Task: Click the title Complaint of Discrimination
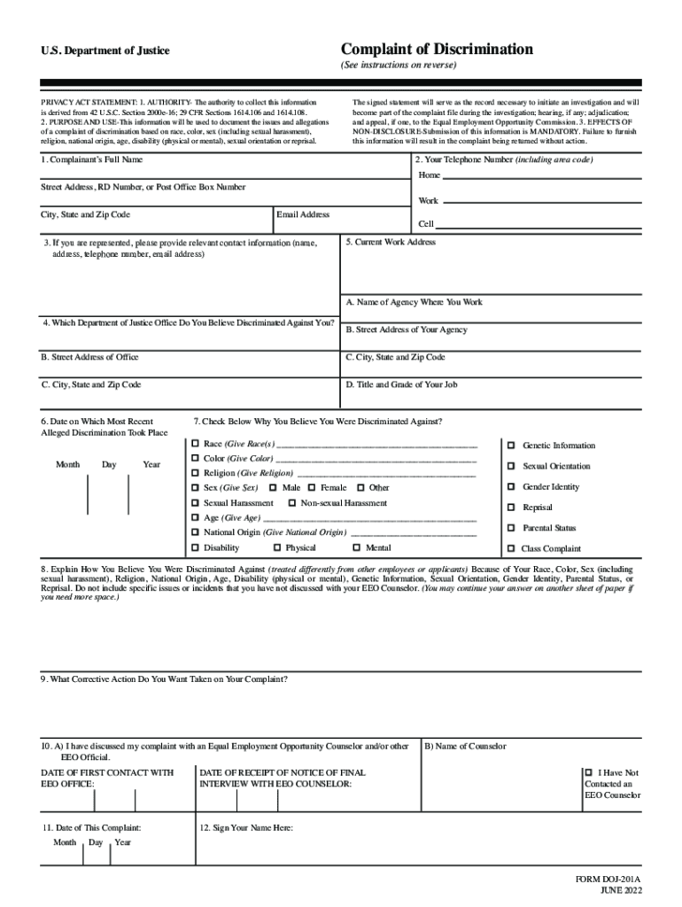pyautogui.click(x=437, y=49)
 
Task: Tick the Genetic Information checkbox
pyautogui.click(x=511, y=445)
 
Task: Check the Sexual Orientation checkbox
pyautogui.click(x=511, y=466)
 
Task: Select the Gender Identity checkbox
pyautogui.click(x=511, y=486)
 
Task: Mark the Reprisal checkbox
pyautogui.click(x=511, y=508)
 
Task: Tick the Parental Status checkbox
pyautogui.click(x=511, y=528)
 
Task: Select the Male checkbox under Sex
pyautogui.click(x=273, y=487)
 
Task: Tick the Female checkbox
pyautogui.click(x=312, y=487)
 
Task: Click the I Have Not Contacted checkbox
pyautogui.click(x=589, y=772)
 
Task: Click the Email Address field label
pyautogui.click(x=303, y=214)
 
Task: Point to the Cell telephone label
pyautogui.click(x=426, y=224)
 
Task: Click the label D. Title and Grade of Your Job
pyautogui.click(x=401, y=384)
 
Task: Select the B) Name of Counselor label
pyautogui.click(x=466, y=746)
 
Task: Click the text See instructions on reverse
pyautogui.click(x=399, y=66)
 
